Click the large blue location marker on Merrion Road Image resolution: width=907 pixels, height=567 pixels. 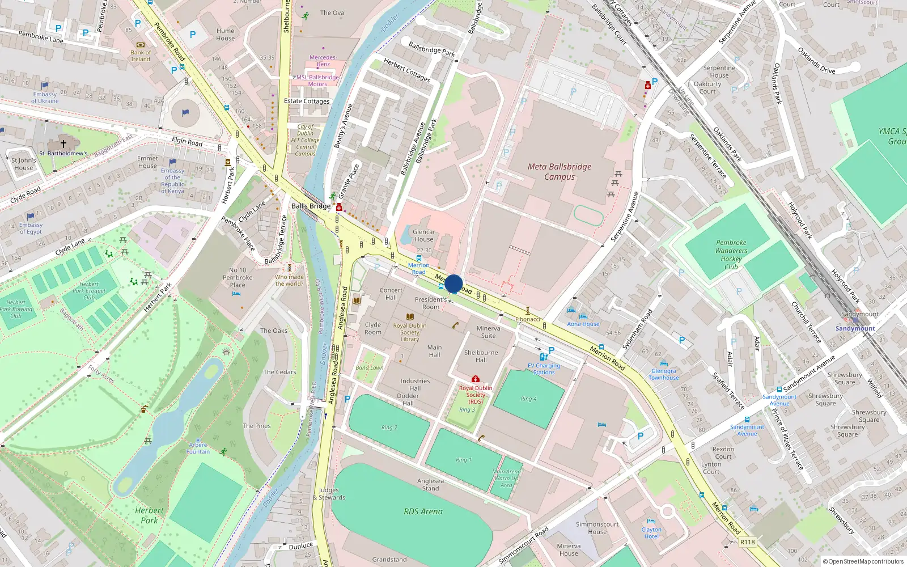(453, 284)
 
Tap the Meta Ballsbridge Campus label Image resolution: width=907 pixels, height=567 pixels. (560, 172)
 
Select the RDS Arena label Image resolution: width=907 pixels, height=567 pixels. (423, 511)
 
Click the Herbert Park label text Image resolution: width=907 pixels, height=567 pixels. (149, 515)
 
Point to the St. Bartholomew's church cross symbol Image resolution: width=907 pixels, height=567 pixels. (63, 144)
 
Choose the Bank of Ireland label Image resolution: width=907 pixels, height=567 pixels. (141, 56)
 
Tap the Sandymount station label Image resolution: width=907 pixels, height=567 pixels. (855, 328)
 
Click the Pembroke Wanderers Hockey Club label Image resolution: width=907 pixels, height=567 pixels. (731, 255)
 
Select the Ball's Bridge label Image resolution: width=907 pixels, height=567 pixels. (311, 206)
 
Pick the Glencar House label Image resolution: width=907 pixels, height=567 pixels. (423, 235)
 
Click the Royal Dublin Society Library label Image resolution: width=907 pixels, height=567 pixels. (409, 332)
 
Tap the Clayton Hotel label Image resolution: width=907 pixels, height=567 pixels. (651, 533)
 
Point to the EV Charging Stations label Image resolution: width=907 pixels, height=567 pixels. (544, 369)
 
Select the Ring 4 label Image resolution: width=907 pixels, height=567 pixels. (529, 399)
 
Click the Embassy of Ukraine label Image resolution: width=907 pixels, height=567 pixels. (45, 98)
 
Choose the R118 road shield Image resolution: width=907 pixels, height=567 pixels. (747, 542)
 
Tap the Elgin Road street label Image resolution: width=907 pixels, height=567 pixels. (187, 141)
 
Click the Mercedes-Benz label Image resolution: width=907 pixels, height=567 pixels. (323, 61)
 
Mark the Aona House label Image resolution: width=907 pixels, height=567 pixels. (583, 324)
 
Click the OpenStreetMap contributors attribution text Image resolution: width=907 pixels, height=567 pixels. (866, 562)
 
